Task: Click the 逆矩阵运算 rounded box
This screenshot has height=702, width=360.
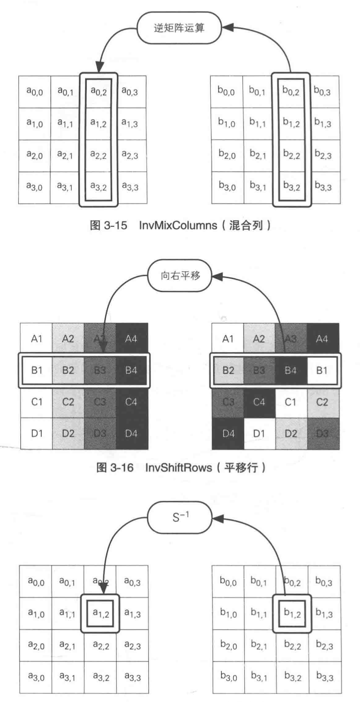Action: pyautogui.click(x=179, y=28)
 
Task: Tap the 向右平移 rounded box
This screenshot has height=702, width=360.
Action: pyautogui.click(x=180, y=276)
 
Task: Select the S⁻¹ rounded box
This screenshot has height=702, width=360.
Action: pyautogui.click(x=180, y=517)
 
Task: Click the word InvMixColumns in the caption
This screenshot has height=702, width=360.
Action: pyautogui.click(x=178, y=225)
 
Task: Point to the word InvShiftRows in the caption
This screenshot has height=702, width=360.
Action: pyautogui.click(x=178, y=467)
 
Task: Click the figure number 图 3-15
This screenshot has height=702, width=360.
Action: pyautogui.click(x=108, y=225)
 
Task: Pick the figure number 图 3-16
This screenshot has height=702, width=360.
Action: pyautogui.click(x=115, y=467)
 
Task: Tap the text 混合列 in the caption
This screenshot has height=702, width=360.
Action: pyautogui.click(x=245, y=225)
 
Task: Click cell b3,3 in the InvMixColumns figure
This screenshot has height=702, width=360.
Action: pyautogui.click(x=323, y=187)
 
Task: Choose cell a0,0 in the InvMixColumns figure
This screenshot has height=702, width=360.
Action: pyautogui.click(x=35, y=92)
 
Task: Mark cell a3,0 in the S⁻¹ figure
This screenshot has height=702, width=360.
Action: pyautogui.click(x=36, y=677)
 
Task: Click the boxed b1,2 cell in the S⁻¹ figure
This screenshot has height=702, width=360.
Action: pyautogui.click(x=292, y=614)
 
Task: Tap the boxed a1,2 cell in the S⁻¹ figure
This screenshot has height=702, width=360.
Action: pyautogui.click(x=101, y=614)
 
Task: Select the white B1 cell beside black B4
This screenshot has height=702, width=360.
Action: pyautogui.click(x=322, y=370)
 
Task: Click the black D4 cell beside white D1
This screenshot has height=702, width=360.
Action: pyautogui.click(x=228, y=433)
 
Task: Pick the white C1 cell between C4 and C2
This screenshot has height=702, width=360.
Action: pyautogui.click(x=291, y=402)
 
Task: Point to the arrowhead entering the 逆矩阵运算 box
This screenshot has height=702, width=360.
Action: pyautogui.click(x=227, y=28)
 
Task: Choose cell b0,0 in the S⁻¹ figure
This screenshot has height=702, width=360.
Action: pyautogui.click(x=228, y=582)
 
